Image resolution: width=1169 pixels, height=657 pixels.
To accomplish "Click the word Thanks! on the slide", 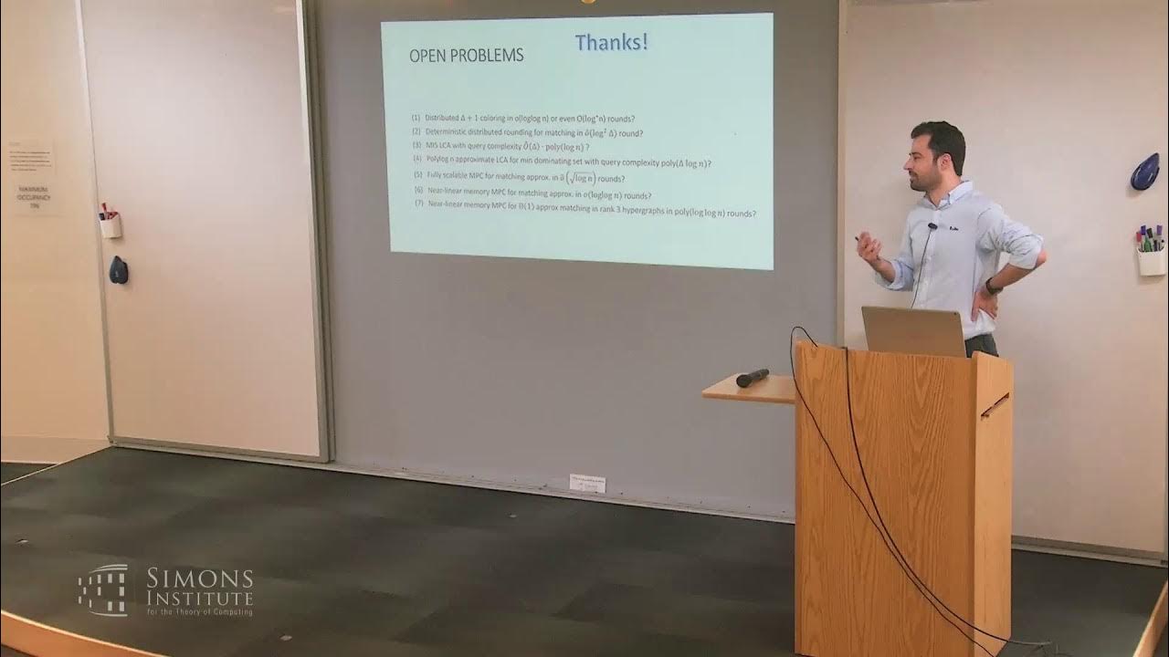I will (x=611, y=42).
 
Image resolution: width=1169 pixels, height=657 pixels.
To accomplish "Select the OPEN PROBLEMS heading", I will (x=466, y=56).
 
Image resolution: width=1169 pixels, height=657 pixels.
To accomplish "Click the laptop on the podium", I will (x=913, y=330).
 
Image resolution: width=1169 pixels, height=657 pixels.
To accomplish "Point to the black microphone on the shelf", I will (x=752, y=377).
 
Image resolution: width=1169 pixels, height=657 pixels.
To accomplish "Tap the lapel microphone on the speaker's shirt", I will (x=932, y=225).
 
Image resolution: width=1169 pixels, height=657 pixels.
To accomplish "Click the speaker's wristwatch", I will (x=992, y=287).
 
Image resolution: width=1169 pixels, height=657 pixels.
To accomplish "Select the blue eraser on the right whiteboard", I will (x=1144, y=172).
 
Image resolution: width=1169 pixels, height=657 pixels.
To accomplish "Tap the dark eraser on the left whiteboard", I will (x=118, y=270).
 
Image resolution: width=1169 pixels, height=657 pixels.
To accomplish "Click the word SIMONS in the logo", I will (x=199, y=579).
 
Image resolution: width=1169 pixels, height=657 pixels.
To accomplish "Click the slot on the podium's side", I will (x=995, y=404).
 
